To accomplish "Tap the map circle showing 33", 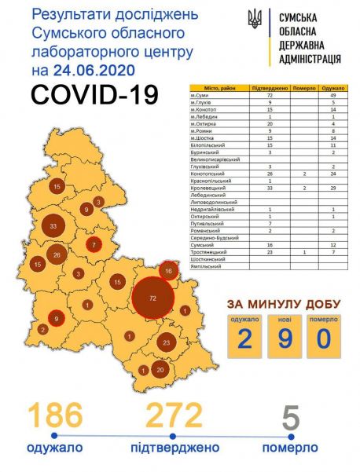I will click(x=53, y=227).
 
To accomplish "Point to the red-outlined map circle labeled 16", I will click(x=167, y=271).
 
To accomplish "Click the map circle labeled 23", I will click(x=166, y=342).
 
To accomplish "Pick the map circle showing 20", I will click(x=161, y=370).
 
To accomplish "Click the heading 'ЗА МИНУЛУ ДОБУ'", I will click(x=284, y=304).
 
